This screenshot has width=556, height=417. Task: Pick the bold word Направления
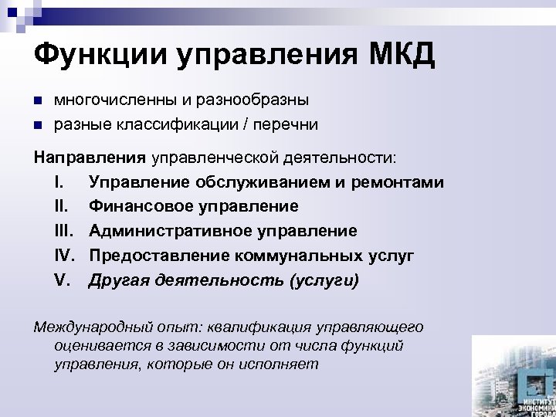[x=90, y=158]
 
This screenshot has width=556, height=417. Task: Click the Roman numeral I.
[x=59, y=183]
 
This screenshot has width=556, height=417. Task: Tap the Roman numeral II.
[x=62, y=207]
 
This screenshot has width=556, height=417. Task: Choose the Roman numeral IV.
[x=65, y=255]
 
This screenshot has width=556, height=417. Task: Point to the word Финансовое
[x=141, y=207]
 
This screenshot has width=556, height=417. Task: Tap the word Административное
[x=169, y=231]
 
